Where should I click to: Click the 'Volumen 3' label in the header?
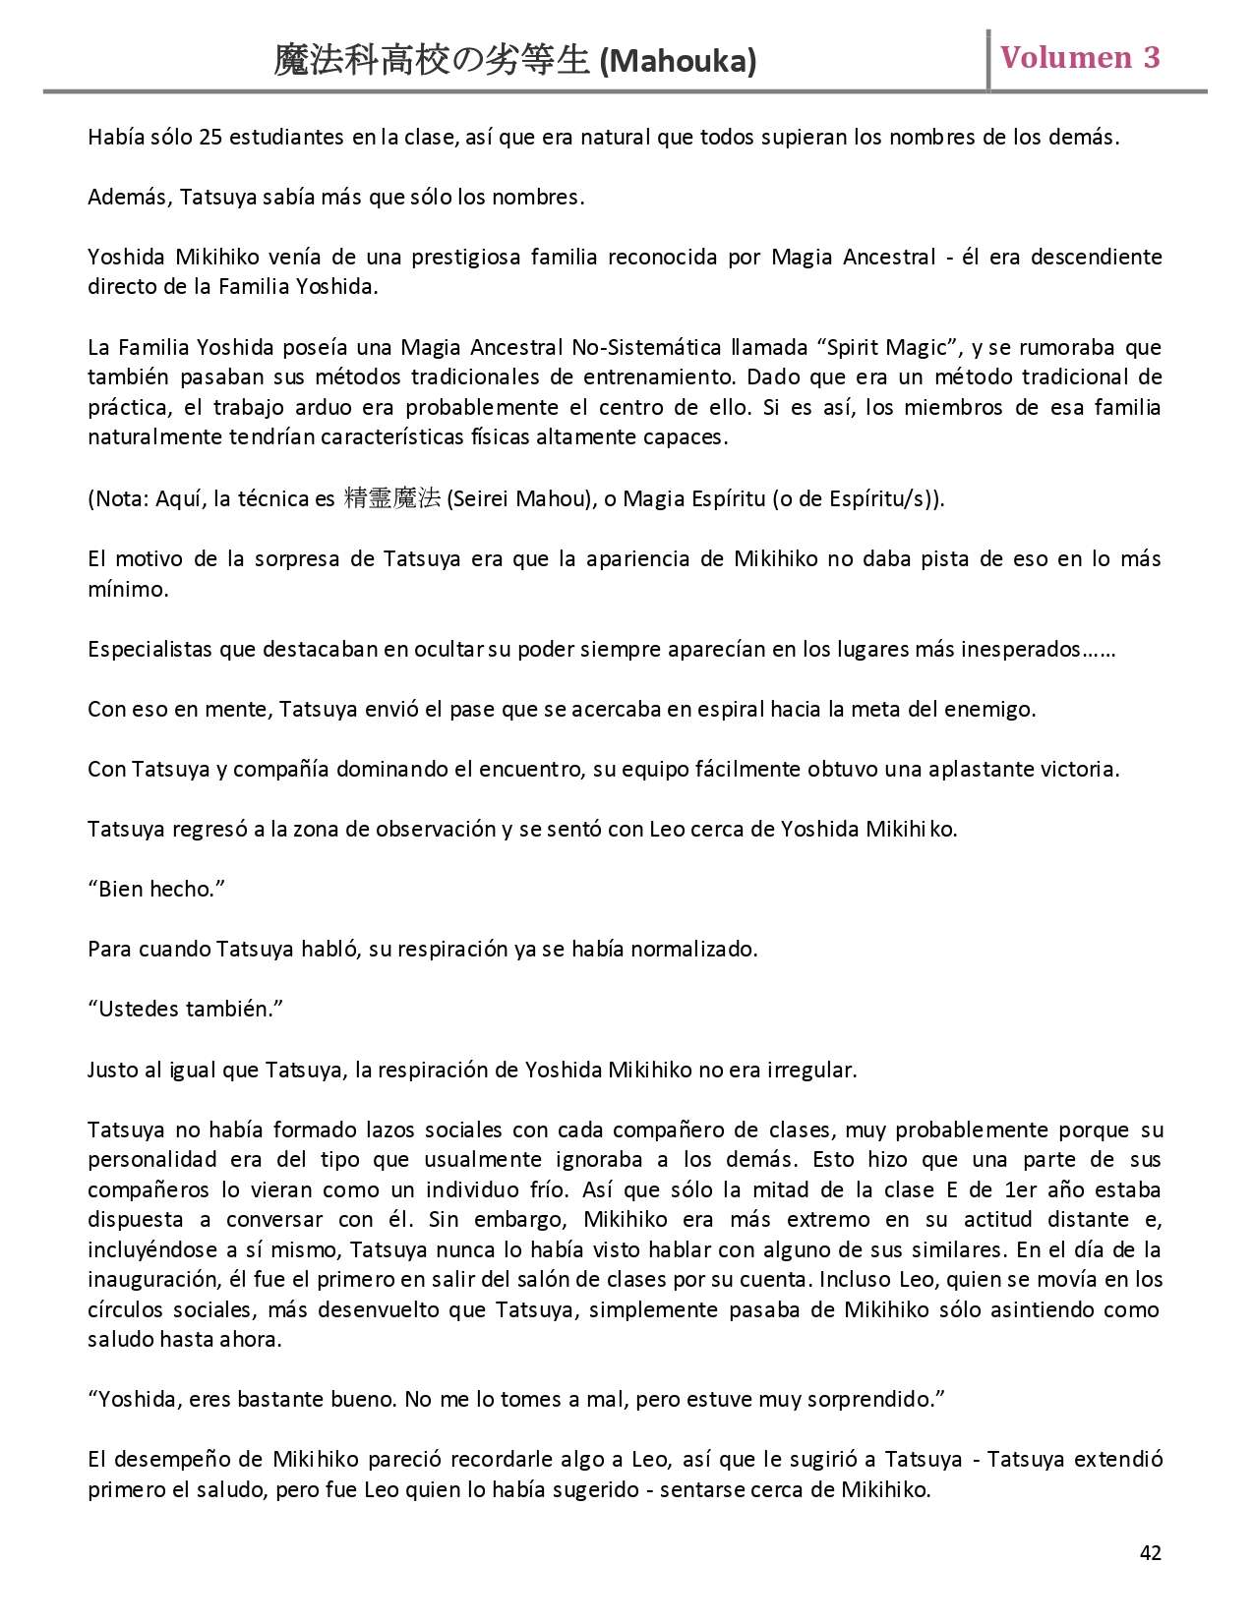pyautogui.click(x=1080, y=58)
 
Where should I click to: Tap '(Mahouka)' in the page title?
pyautogui.click(x=678, y=62)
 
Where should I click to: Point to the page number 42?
pyautogui.click(x=1150, y=1552)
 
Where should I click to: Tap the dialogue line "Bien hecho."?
pyautogui.click(x=156, y=889)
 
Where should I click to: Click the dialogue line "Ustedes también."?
pyautogui.click(x=185, y=1009)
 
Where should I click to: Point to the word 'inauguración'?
pyautogui.click(x=152, y=1279)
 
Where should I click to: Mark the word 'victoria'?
pyautogui.click(x=1082, y=769)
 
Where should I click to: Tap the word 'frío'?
pyautogui.click(x=549, y=1189)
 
